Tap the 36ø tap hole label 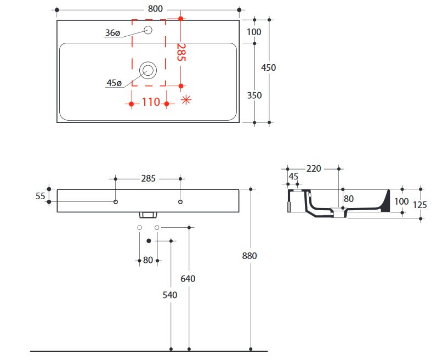(x=112, y=33)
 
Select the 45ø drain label (x=114, y=83)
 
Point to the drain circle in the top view (x=148, y=70)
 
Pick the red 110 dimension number (x=150, y=103)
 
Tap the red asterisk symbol (x=186, y=99)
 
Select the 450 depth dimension (x=269, y=67)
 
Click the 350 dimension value (x=254, y=95)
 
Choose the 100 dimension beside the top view (x=254, y=32)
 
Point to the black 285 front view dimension (x=149, y=178)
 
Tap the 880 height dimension (x=250, y=255)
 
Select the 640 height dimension (x=188, y=278)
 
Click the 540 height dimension (x=171, y=295)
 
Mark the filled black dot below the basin (x=149, y=240)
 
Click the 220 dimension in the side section (x=314, y=168)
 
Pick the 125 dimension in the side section (x=420, y=204)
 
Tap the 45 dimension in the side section (x=293, y=177)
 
